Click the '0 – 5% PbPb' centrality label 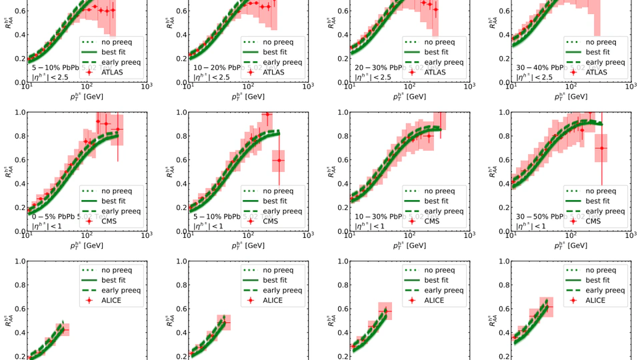point(53,217)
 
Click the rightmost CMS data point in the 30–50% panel point(602,148)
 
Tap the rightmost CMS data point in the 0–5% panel point(118,129)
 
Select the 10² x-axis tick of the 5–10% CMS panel point(248,236)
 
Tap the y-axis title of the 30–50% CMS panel point(493,171)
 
